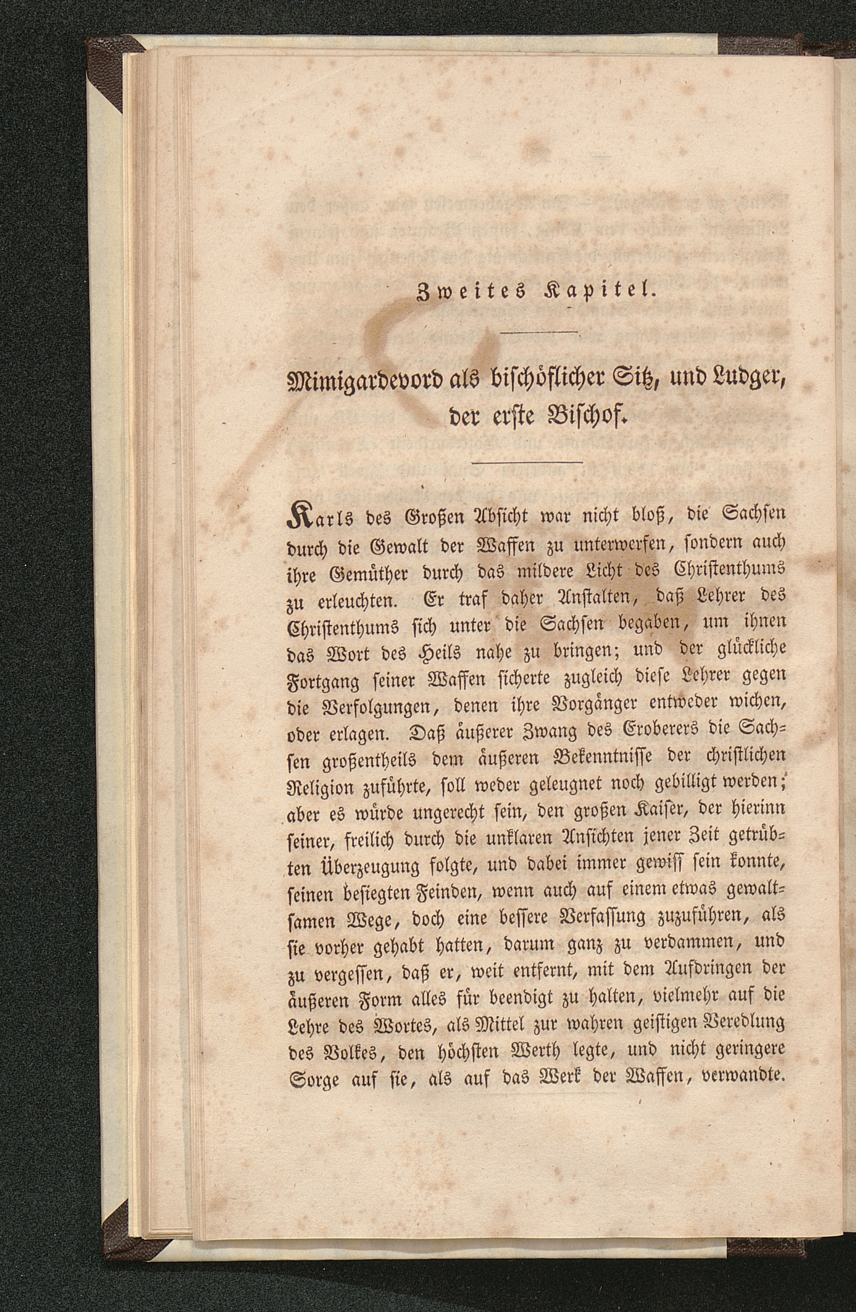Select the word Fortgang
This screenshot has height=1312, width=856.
point(319,682)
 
